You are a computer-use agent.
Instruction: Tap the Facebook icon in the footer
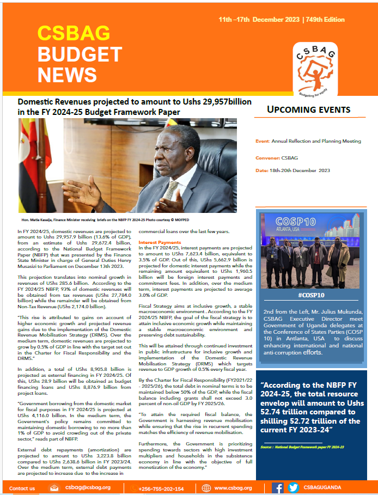click(x=278, y=488)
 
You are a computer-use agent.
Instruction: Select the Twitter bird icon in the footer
click(x=293, y=488)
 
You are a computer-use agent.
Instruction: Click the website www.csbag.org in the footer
click(x=233, y=488)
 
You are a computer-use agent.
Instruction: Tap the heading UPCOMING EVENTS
click(x=308, y=109)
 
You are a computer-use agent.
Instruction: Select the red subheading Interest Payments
click(x=159, y=242)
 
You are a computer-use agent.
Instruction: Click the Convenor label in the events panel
click(x=270, y=158)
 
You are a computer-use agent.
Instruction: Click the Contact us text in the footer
click(x=22, y=488)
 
